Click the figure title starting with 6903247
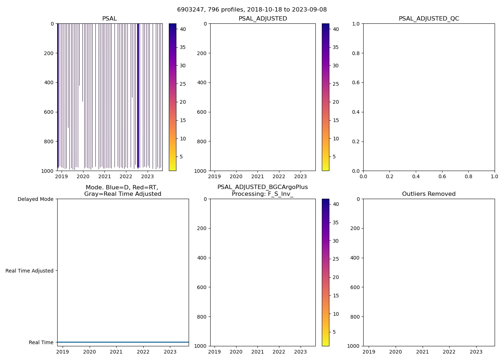252,10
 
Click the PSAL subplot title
109,19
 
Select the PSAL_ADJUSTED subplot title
263,19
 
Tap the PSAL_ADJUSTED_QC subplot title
429,19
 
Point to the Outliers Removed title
429,194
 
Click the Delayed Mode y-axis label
35,199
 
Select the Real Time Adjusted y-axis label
30,271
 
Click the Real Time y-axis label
41,342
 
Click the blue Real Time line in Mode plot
123,342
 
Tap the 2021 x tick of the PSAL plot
104,177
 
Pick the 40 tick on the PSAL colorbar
183,29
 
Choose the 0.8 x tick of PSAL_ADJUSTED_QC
468,177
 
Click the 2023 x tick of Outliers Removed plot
476,352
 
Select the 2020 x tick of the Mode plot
90,352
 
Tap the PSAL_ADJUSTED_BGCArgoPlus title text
262,187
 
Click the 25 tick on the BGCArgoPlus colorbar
336,259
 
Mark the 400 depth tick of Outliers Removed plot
355,258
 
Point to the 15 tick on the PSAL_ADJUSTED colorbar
336,121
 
